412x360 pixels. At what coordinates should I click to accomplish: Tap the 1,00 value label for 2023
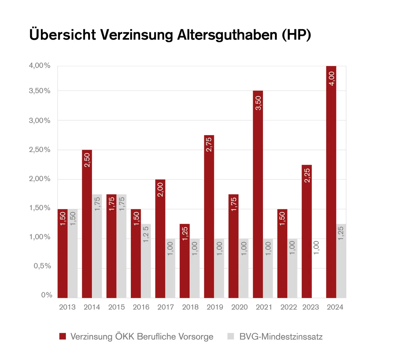(317, 247)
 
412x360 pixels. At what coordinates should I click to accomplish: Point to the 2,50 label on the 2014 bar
(87, 160)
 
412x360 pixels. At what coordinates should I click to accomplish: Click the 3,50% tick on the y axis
(39, 91)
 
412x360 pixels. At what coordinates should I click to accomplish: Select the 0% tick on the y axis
(47, 295)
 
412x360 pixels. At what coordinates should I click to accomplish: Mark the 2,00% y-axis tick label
(39, 179)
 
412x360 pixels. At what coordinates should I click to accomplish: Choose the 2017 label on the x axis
(165, 307)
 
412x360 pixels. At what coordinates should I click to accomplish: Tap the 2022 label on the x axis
(288, 307)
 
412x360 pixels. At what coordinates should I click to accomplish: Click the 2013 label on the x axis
(67, 307)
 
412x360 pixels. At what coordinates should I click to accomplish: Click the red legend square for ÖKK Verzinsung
(62, 336)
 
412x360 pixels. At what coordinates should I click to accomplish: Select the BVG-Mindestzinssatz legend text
(281, 337)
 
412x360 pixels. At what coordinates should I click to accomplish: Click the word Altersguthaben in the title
(227, 35)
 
